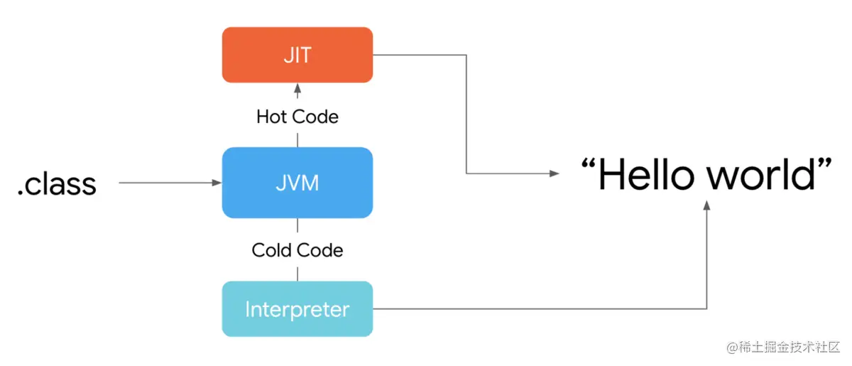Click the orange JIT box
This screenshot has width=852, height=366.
(x=297, y=55)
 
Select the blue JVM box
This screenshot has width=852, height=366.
(x=297, y=183)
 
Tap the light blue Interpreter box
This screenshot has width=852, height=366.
(x=297, y=309)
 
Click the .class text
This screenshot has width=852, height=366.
(x=57, y=184)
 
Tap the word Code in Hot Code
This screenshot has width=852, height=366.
(x=316, y=117)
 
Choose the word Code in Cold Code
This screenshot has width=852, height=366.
(x=319, y=250)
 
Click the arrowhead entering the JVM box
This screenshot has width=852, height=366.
(x=217, y=183)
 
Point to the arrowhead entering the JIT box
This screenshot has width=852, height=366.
(x=297, y=88)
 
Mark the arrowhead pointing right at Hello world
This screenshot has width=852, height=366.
(x=553, y=173)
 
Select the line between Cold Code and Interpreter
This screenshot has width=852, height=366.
(x=297, y=272)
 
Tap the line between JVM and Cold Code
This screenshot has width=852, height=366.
(x=297, y=227)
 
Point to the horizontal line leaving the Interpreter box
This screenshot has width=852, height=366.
(x=540, y=309)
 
